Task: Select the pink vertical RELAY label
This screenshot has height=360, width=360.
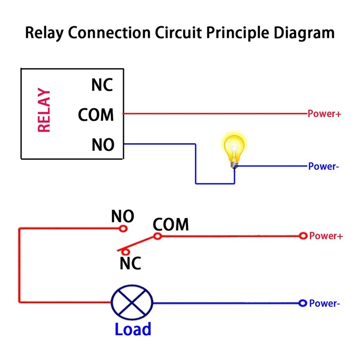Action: [x=44, y=111]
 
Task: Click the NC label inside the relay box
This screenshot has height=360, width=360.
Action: [x=103, y=85]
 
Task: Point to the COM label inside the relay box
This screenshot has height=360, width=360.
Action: [x=96, y=115]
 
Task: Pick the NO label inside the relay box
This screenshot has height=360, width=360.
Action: [x=103, y=145]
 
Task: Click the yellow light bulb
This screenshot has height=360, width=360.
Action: [x=234, y=151]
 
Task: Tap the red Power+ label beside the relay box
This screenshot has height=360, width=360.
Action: [x=324, y=114]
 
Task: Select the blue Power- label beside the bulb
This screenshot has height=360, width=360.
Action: [x=323, y=167]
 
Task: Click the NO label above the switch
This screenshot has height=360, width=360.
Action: [x=123, y=217]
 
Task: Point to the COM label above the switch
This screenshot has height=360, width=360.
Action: [x=171, y=224]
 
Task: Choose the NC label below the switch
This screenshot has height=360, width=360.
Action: [x=130, y=263]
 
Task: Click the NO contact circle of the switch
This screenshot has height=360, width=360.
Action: [x=123, y=229]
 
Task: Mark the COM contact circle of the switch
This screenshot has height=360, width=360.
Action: [x=157, y=236]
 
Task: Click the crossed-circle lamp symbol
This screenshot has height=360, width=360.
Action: [x=132, y=303]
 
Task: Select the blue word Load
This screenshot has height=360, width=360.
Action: [x=133, y=329]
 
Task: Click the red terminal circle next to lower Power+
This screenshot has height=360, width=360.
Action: [x=303, y=236]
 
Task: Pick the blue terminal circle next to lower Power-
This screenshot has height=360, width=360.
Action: [x=303, y=303]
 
